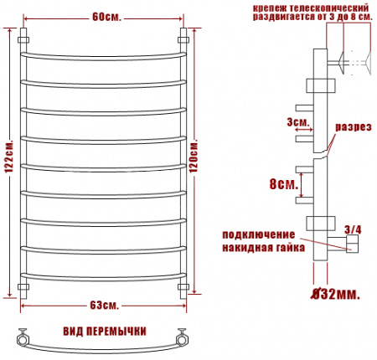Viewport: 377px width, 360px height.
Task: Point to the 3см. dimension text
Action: pyautogui.click(x=297, y=122)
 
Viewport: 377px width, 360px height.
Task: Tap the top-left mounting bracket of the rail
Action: pyautogui.click(x=24, y=39)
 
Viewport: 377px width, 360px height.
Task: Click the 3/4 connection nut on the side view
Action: pyautogui.click(x=350, y=244)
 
